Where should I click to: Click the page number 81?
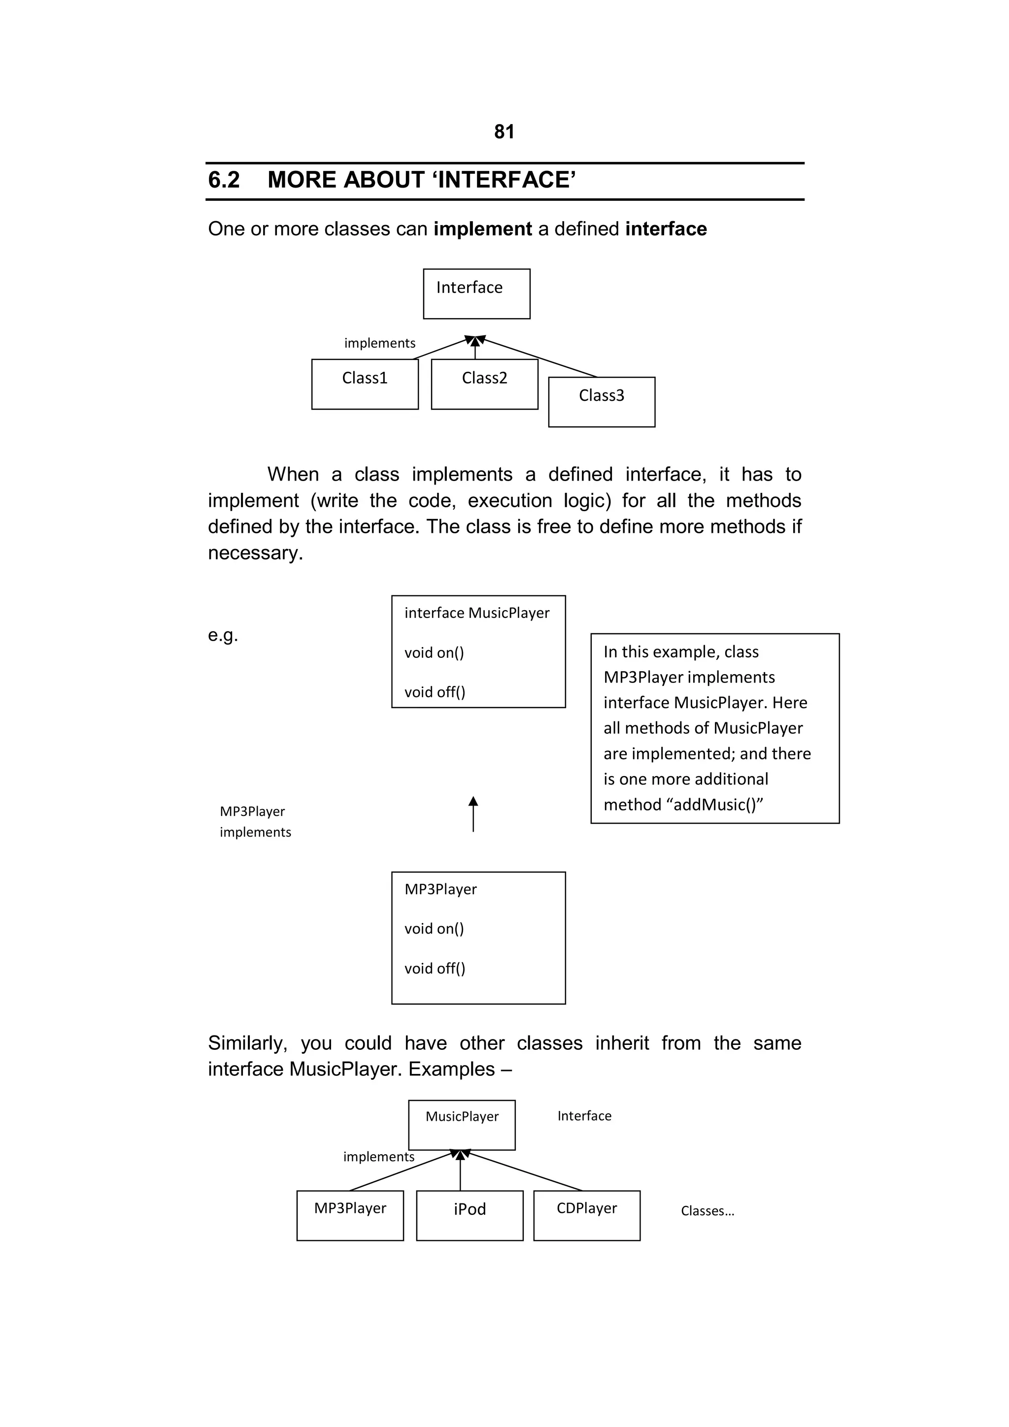tap(504, 132)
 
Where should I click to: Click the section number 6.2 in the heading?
tap(224, 180)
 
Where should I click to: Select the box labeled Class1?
tap(365, 384)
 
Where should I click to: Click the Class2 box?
tap(484, 384)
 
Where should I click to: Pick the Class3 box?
tap(601, 401)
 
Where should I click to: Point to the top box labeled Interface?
tap(476, 293)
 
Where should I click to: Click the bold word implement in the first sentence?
tap(482, 229)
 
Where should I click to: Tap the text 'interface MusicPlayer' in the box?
tap(477, 613)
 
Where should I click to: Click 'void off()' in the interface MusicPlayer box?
tap(435, 692)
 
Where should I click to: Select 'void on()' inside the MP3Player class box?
tap(434, 929)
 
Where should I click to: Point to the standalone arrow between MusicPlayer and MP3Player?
tap(473, 813)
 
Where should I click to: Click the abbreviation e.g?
tap(223, 635)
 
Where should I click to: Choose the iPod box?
tap(470, 1216)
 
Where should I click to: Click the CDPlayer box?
tap(586, 1216)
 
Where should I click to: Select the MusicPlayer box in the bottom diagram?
tap(462, 1125)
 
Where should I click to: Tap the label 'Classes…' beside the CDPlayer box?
tap(707, 1211)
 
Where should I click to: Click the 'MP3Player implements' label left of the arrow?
tap(255, 822)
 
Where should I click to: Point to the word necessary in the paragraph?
tap(255, 553)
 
